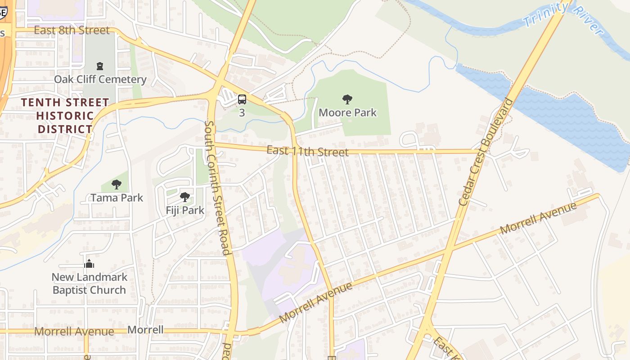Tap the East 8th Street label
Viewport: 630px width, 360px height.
point(72,30)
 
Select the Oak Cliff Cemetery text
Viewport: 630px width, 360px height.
point(100,80)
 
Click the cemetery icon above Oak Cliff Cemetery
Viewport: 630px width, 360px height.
point(100,66)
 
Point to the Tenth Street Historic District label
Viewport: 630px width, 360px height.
point(65,116)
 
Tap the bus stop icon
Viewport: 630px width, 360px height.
point(242,99)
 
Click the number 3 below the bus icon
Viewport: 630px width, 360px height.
point(242,113)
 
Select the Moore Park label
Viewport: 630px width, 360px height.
point(347,112)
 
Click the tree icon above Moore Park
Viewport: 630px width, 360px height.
point(347,99)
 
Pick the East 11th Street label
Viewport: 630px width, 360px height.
point(307,151)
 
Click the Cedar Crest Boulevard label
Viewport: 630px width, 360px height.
point(486,152)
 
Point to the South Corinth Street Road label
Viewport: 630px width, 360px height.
point(218,187)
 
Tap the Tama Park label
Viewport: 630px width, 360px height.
point(117,198)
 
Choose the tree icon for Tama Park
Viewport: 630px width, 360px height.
point(117,184)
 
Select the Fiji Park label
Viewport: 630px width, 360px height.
point(185,210)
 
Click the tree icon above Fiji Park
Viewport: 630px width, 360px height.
point(184,197)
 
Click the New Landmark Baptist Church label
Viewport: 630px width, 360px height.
point(89,283)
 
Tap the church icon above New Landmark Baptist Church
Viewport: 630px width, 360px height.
point(89,264)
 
